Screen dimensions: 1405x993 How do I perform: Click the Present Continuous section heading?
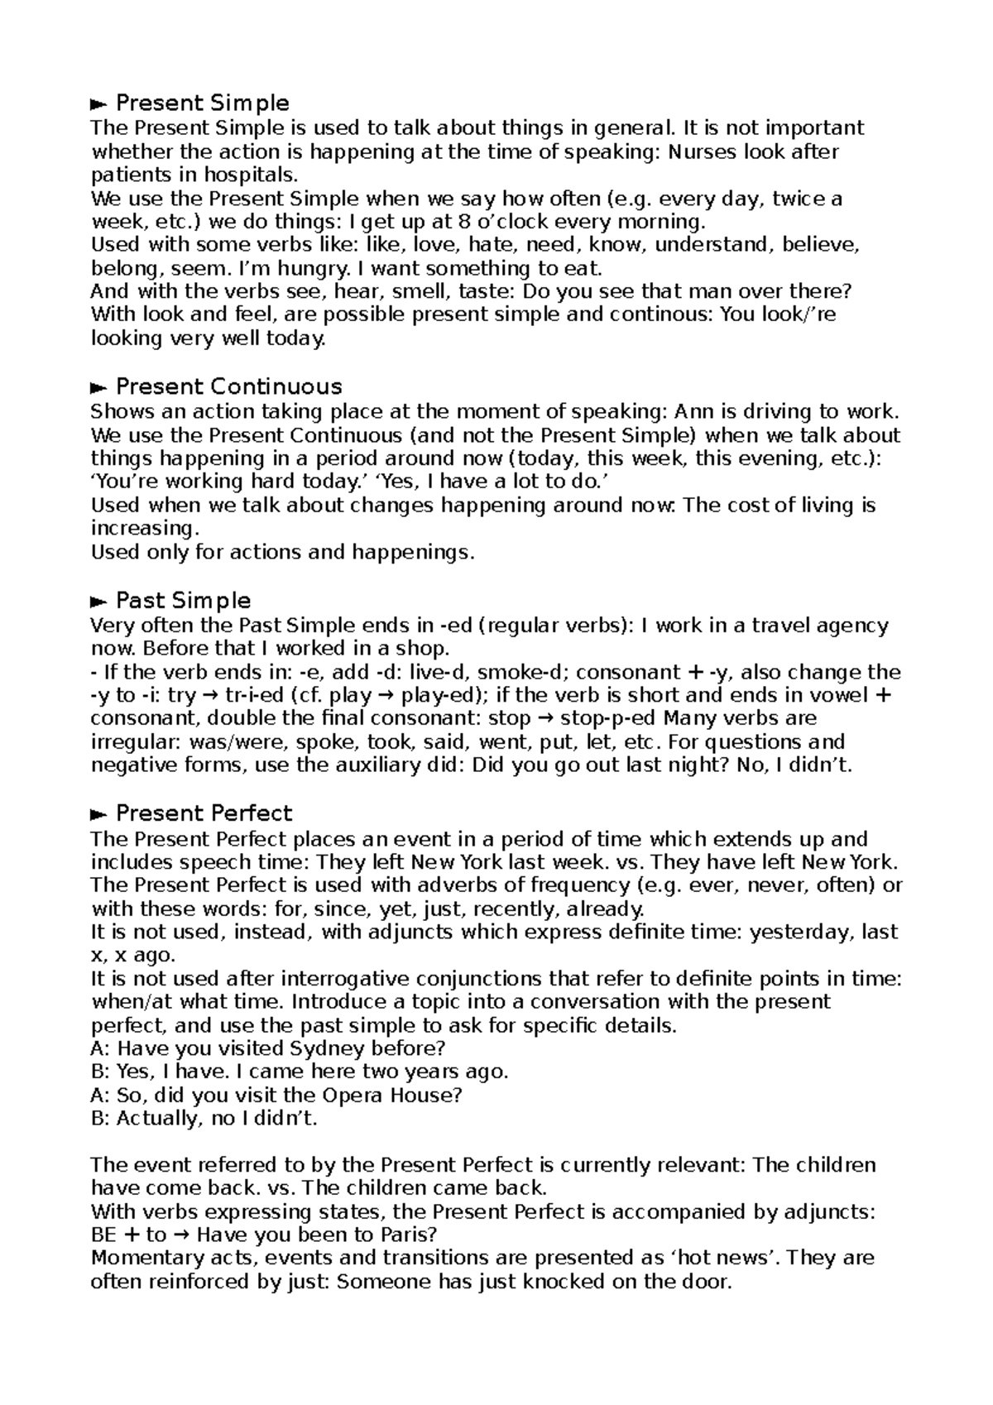228,386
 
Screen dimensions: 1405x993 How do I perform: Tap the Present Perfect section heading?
204,813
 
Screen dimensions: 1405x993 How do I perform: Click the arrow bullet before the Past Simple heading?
98,602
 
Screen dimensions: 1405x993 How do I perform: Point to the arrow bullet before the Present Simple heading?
98,104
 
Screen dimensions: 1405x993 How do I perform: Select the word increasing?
142,528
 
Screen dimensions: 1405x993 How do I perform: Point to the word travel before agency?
780,625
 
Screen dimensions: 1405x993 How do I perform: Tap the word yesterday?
799,932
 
